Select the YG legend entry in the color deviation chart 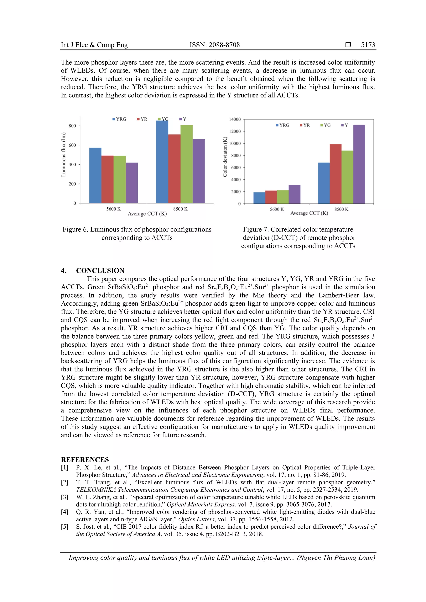pos(326,125)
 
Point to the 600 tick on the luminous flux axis pos(72,145)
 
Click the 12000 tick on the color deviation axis pos(235,131)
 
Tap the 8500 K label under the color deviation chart pos(341,209)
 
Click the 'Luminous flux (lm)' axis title pos(63,154)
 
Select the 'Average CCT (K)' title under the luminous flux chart pos(147,214)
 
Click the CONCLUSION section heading pos(100,270)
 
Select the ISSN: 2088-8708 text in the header pos(214,45)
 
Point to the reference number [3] pos(64,497)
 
